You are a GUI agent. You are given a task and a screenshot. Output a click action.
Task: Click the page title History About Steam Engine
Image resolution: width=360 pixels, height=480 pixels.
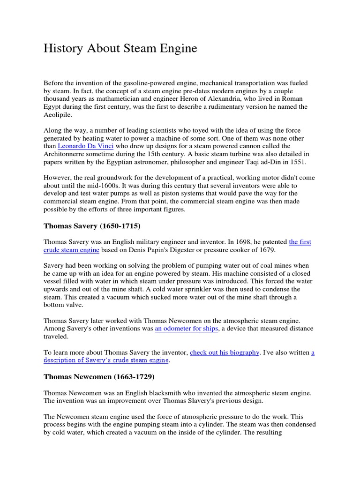pos(120,48)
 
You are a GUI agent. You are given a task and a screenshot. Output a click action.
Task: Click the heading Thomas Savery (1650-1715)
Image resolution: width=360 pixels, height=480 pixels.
pos(92,226)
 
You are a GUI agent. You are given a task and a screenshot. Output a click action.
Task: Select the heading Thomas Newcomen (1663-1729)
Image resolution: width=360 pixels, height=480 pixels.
pos(99,376)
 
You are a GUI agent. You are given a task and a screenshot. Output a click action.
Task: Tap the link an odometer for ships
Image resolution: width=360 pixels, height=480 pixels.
pos(186,329)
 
